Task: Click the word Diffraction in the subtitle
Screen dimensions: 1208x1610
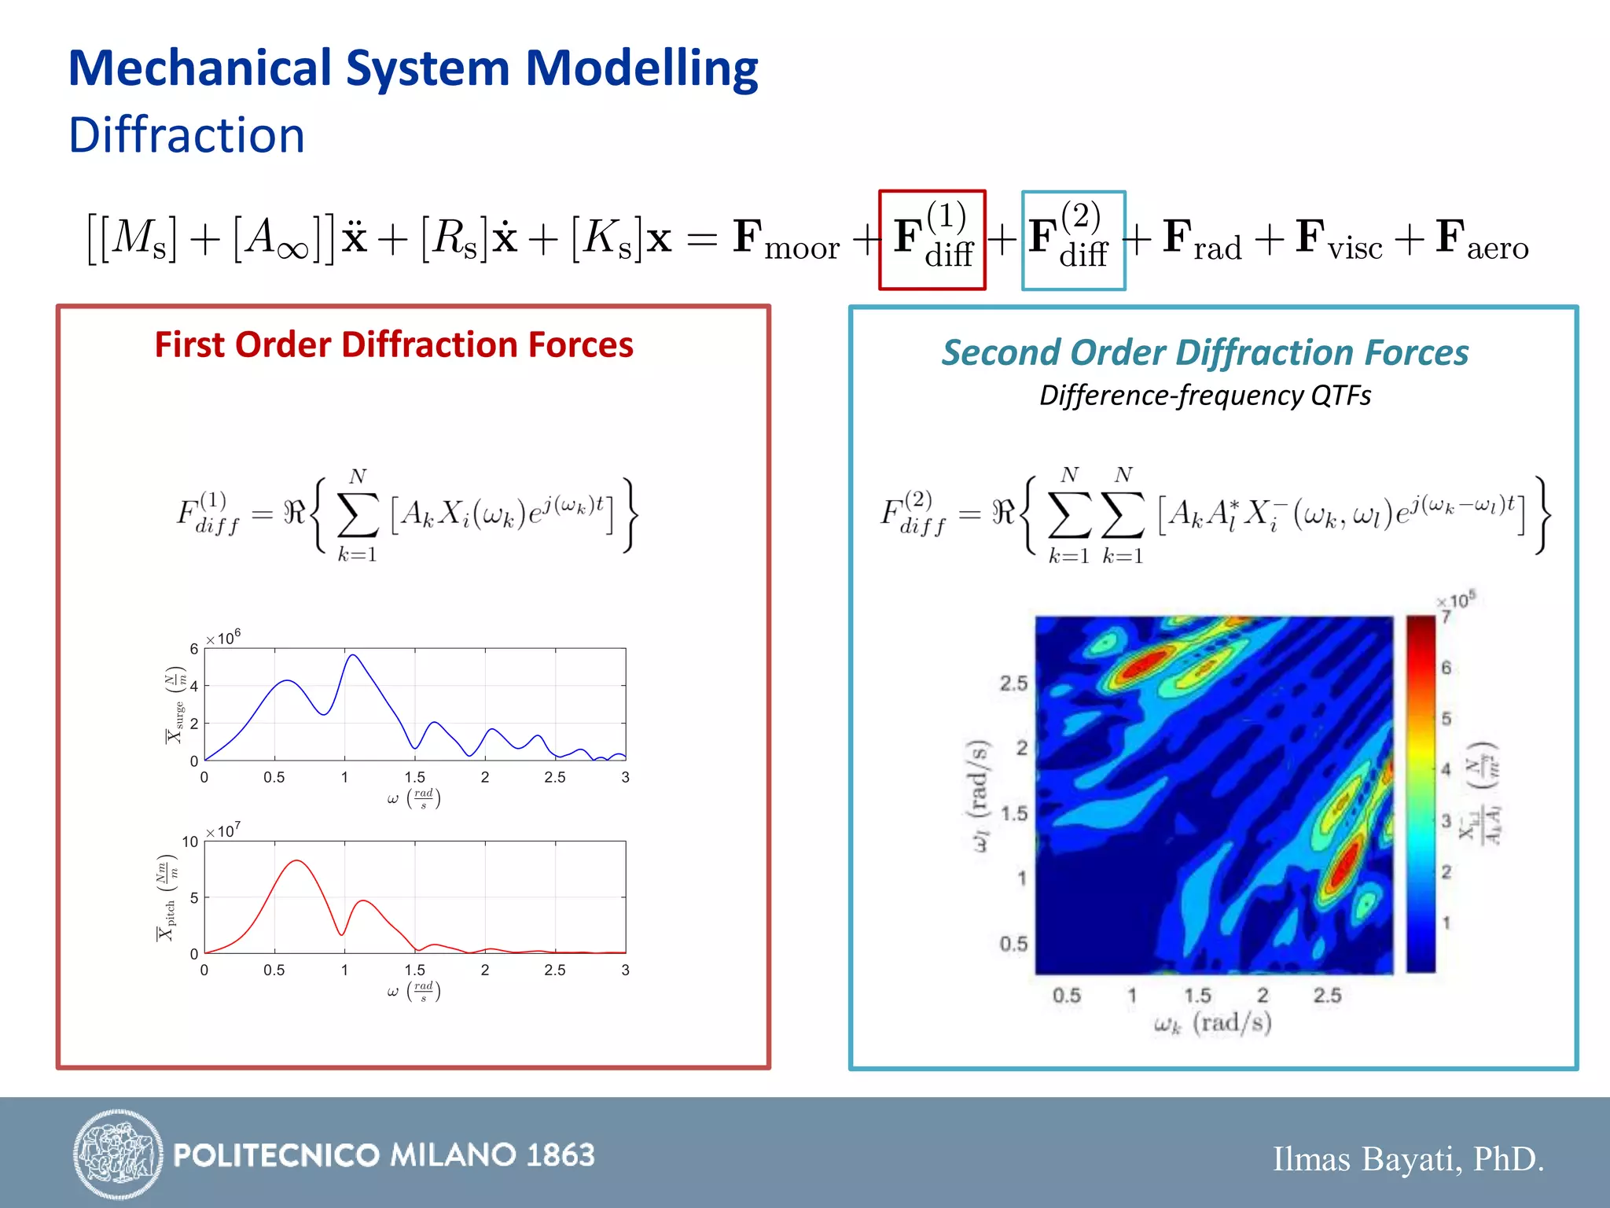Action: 186,134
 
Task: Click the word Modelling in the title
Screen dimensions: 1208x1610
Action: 641,68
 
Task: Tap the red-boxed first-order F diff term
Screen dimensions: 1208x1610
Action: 932,240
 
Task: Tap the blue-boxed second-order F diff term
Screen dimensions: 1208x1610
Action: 1073,240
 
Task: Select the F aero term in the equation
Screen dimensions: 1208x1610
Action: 1481,239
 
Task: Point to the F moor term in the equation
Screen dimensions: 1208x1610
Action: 786,239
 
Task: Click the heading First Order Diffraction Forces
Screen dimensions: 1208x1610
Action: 393,344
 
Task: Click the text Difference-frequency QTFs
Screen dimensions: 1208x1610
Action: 1204,395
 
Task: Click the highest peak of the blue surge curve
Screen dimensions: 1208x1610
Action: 353,655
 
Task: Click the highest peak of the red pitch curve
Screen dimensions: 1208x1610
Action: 296,861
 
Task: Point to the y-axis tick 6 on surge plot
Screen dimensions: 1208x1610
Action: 194,649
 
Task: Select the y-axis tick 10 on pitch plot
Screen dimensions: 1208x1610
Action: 190,842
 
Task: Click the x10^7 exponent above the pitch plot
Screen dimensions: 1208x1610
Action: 224,831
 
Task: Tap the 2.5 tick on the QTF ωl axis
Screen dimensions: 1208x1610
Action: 1013,683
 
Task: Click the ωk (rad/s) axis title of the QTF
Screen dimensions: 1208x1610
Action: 1212,1023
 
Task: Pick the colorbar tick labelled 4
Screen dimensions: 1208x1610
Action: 1445,769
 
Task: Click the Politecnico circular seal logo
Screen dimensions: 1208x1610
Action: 118,1154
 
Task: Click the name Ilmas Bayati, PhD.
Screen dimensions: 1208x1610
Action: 1408,1158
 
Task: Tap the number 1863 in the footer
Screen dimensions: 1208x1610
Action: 561,1155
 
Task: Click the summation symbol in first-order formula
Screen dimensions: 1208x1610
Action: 358,516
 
